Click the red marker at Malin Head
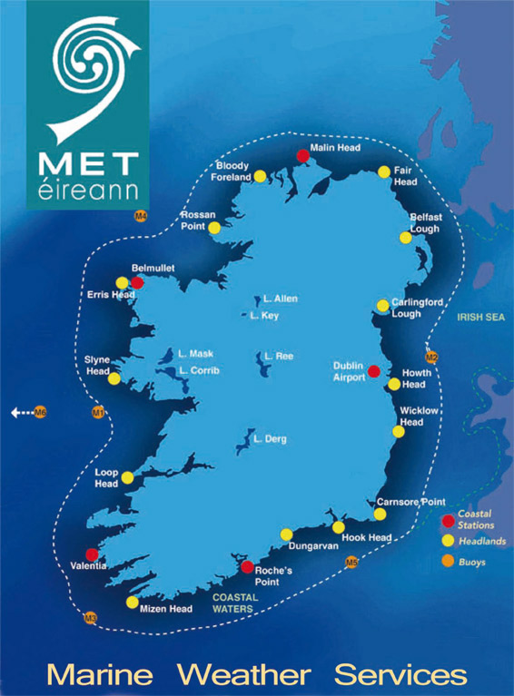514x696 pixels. pyautogui.click(x=302, y=156)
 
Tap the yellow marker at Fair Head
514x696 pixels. pyautogui.click(x=384, y=172)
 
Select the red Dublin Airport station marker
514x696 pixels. pyautogui.click(x=373, y=370)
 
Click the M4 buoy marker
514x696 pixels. pyautogui.click(x=140, y=216)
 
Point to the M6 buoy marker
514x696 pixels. pyautogui.click(x=40, y=414)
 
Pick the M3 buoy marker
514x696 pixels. pyautogui.click(x=90, y=619)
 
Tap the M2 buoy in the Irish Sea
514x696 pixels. pyautogui.click(x=431, y=357)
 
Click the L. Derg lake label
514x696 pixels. pyautogui.click(x=271, y=439)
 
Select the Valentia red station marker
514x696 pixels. pyautogui.click(x=92, y=554)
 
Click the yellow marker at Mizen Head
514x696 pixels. pyautogui.click(x=133, y=603)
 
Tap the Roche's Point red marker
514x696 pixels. pyautogui.click(x=246, y=567)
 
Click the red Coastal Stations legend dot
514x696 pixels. pyautogui.click(x=447, y=521)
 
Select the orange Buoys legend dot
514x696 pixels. pyautogui.click(x=447, y=562)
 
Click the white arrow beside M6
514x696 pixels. pyautogui.click(x=21, y=414)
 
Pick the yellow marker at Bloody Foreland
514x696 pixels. pyautogui.click(x=260, y=176)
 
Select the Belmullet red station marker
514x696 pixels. pyautogui.click(x=137, y=282)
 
